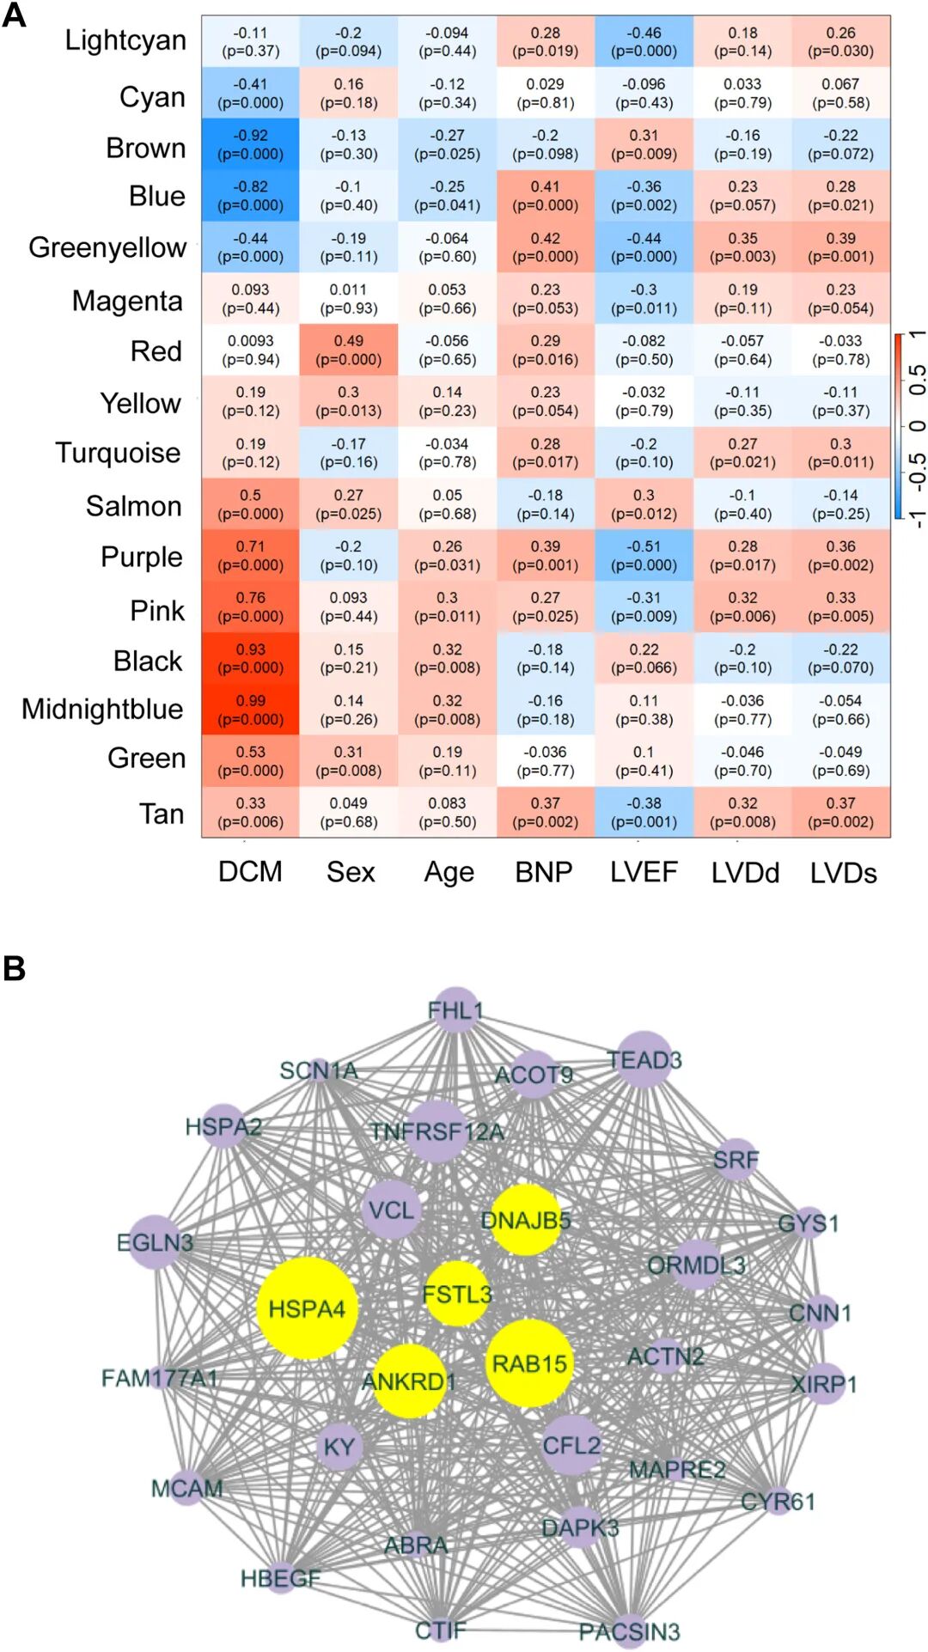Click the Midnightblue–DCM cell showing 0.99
click(250, 710)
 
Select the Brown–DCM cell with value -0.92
click(250, 144)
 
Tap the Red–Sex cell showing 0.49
click(348, 350)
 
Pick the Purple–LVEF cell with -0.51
click(644, 556)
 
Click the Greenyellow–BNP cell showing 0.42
click(545, 247)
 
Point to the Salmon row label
click(133, 506)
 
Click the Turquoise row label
click(118, 453)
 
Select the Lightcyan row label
click(125, 40)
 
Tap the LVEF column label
click(644, 872)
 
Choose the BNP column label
click(544, 872)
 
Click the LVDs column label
click(843, 873)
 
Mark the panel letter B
click(14, 968)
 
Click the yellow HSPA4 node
click(307, 1308)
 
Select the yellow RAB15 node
click(528, 1363)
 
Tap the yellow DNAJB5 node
click(525, 1220)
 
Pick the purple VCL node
click(391, 1210)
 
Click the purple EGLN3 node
click(156, 1241)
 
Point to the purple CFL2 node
click(571, 1445)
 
